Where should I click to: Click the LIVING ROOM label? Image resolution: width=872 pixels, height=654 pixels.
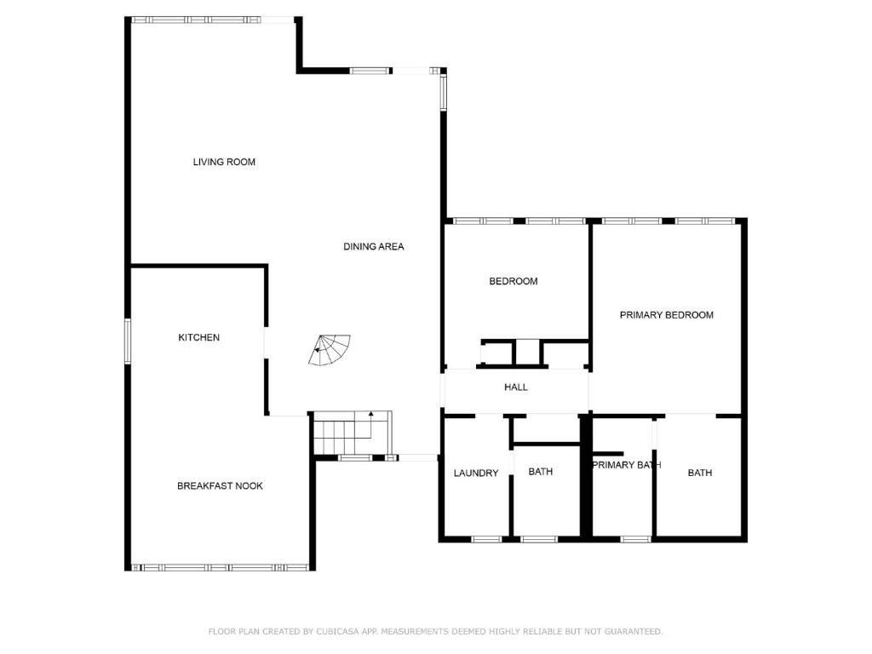[x=224, y=162]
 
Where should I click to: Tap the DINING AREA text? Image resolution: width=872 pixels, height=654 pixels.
[x=374, y=246]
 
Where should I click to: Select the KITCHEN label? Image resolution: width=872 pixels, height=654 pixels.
[x=198, y=337]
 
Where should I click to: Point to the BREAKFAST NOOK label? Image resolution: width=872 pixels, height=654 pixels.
[x=220, y=486]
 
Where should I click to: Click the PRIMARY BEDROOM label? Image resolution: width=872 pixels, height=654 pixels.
[x=666, y=315]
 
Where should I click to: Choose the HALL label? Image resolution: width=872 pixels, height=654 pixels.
[x=515, y=387]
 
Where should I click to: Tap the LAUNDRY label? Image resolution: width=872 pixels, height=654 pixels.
[x=475, y=473]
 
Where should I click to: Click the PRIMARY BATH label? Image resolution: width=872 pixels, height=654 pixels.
[x=627, y=465]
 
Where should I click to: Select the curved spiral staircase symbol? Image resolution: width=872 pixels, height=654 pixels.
[x=330, y=350]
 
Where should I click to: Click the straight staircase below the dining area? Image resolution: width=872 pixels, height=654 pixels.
[x=353, y=433]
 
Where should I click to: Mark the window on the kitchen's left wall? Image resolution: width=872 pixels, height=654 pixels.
[x=128, y=341]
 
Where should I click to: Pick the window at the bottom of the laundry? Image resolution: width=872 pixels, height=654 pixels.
[x=486, y=539]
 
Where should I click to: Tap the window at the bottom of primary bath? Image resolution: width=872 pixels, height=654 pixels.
[x=635, y=539]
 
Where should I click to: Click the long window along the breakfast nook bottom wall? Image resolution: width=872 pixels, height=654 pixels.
[x=220, y=568]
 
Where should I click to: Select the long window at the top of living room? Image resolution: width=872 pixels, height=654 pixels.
[x=196, y=20]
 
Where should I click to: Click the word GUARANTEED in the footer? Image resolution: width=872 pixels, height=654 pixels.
[x=634, y=631]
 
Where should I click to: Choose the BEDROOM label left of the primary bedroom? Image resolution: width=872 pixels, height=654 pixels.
[x=513, y=281]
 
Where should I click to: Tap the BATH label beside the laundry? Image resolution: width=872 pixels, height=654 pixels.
[x=541, y=472]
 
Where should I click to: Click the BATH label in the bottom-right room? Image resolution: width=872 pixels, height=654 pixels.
[x=700, y=473]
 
